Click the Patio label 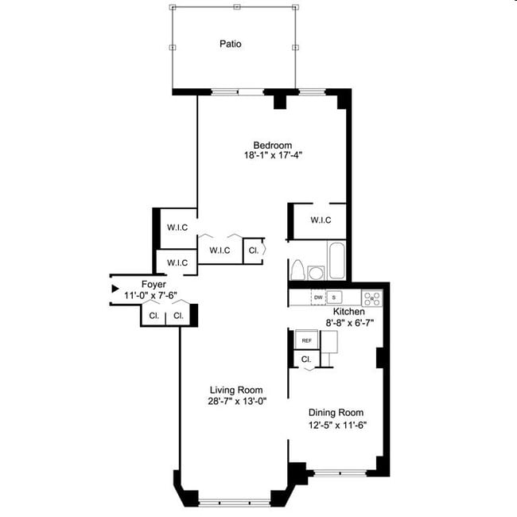231,44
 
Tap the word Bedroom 273,145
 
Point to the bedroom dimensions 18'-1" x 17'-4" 273,155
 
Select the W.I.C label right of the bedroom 321,220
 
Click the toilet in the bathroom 298,270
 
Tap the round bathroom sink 316,273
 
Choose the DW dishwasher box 318,297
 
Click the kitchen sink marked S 334,297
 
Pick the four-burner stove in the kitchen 372,298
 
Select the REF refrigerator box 306,340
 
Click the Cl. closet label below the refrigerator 306,360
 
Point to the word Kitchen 348,312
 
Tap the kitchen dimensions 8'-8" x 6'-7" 348,323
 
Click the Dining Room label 336,413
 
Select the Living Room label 236,390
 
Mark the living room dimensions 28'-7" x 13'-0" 236,401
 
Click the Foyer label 154,285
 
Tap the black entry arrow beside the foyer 115,288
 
